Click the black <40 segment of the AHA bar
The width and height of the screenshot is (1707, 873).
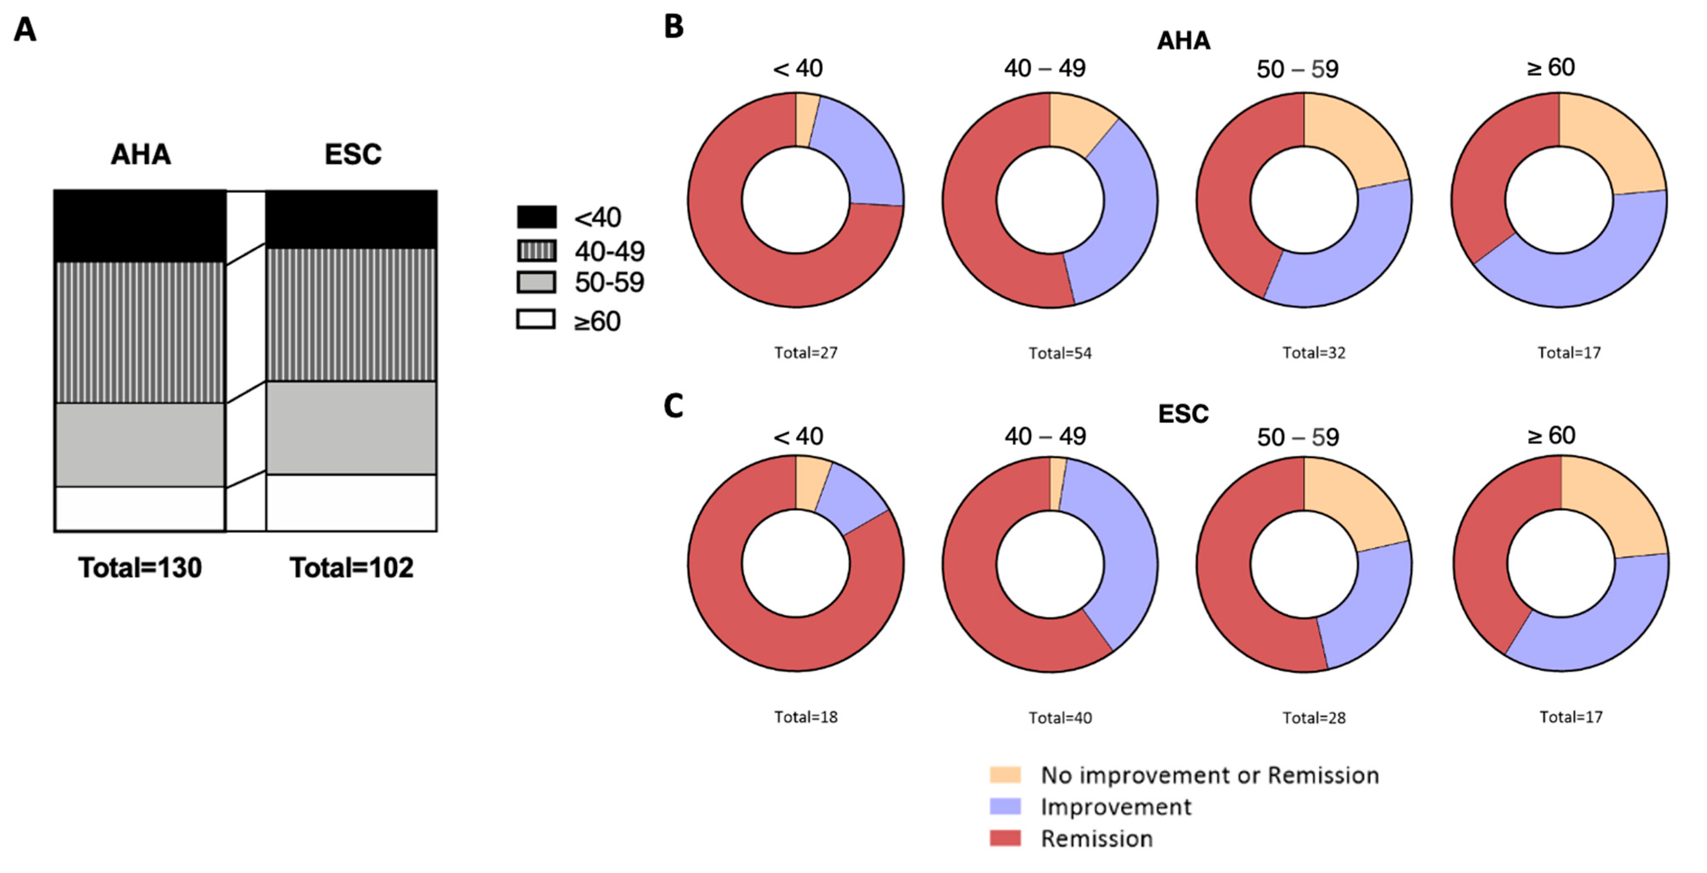click(x=140, y=226)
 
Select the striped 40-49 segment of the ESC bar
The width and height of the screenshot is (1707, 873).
click(x=351, y=315)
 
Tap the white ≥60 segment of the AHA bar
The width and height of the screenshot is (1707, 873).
click(x=140, y=509)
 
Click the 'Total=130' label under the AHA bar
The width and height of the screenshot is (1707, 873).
click(x=140, y=568)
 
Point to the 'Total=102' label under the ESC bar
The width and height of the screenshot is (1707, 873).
click(x=351, y=568)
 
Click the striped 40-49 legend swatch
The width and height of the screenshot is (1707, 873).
click(x=536, y=250)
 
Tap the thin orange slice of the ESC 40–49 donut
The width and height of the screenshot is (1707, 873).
click(x=1056, y=483)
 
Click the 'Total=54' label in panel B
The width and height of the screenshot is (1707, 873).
click(x=1060, y=353)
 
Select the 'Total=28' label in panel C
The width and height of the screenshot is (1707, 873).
click(x=1314, y=717)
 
